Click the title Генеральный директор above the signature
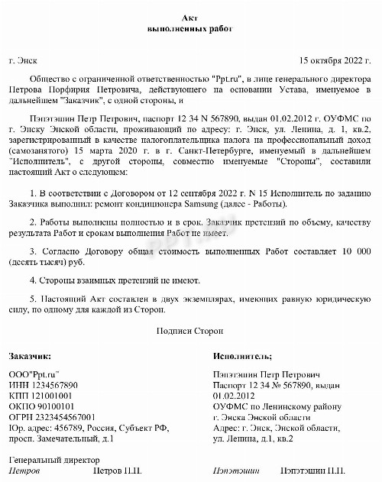coord(53,461)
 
